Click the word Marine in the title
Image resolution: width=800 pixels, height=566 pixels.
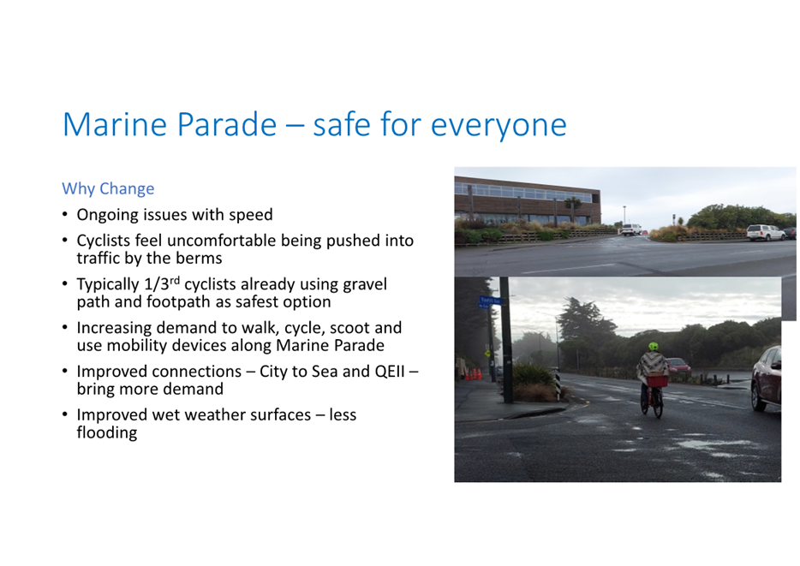point(115,124)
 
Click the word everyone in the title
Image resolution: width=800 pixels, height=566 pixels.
point(499,125)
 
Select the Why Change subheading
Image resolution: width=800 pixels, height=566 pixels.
point(108,188)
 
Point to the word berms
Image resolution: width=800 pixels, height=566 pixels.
point(199,258)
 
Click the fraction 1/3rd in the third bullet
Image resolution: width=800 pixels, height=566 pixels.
point(162,283)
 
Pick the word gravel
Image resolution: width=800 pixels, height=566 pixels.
point(365,284)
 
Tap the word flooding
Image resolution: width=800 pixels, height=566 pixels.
point(107,433)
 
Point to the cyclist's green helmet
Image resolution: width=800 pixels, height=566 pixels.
point(653,347)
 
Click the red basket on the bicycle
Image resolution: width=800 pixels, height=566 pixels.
point(657,381)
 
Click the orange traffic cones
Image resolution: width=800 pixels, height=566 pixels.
point(474,374)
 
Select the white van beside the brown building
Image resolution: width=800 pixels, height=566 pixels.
point(631,229)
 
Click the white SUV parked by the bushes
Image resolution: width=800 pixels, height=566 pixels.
point(765,233)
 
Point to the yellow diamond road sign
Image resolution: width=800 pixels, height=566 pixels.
point(487,354)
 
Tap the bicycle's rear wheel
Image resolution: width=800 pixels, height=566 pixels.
point(658,405)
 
